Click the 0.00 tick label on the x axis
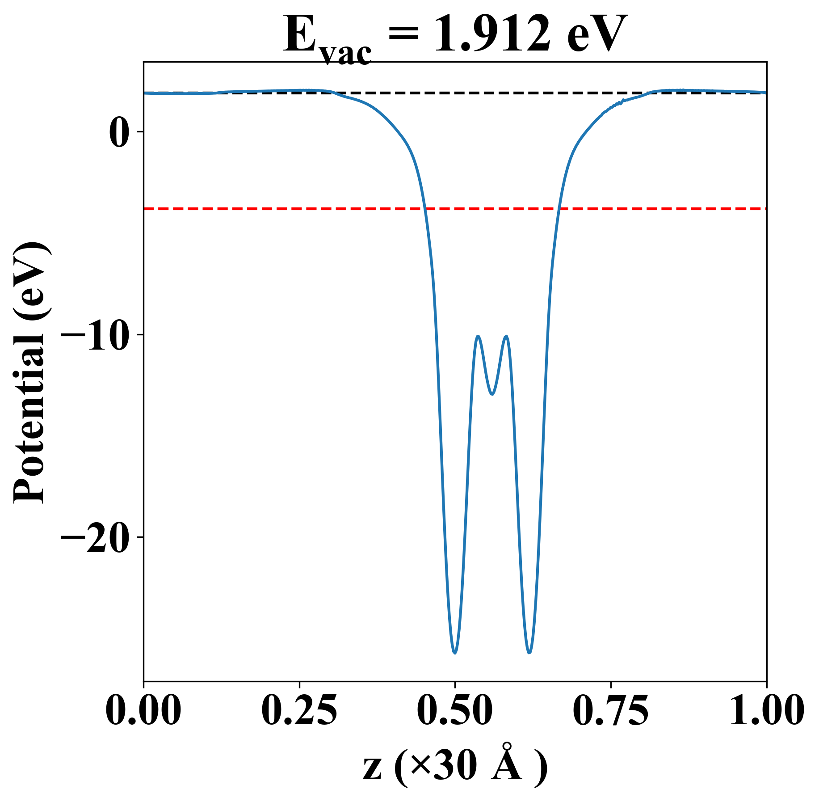pos(143,710)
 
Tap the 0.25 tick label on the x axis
pos(299,710)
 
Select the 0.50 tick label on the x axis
pos(455,710)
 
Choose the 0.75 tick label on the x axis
pos(611,710)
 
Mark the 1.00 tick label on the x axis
pos(766,710)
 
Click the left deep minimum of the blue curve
pos(455,653)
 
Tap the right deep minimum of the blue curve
pos(529,653)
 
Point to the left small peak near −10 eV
pos(478,336)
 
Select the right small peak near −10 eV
pos(506,336)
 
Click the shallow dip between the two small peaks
pos(492,394)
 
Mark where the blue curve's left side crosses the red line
pos(425,209)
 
